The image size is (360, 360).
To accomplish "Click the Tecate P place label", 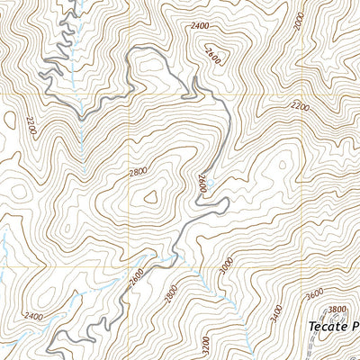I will coord(332,327).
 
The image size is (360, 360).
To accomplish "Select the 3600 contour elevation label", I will coord(313,292).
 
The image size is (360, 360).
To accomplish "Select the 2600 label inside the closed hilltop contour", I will coord(212,53).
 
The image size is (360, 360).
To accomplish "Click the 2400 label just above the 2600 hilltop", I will coord(202,28).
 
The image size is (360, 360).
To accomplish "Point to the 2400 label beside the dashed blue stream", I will coord(34,316).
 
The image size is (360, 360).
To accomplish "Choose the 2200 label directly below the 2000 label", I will coord(301,106).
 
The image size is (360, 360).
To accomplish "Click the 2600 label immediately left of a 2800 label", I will coord(136,279).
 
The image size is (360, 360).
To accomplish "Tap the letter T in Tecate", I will coord(311,327).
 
